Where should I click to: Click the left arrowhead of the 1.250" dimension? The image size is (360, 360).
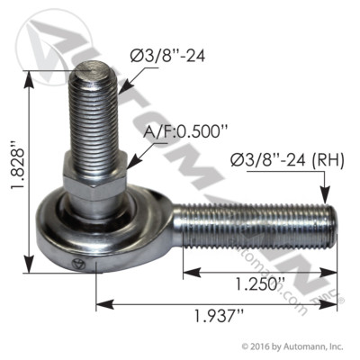pyautogui.click(x=186, y=273)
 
